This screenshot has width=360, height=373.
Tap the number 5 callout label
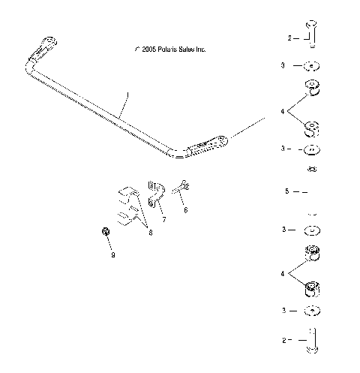(286, 192)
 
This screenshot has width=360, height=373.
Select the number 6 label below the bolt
(185, 211)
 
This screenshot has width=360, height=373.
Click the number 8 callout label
(150, 233)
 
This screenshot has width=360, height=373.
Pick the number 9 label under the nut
(112, 256)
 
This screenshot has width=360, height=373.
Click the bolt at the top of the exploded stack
(313, 35)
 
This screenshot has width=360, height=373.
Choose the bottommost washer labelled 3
(313, 311)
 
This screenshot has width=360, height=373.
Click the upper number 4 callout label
(282, 111)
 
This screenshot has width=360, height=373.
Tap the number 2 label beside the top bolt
(289, 37)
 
